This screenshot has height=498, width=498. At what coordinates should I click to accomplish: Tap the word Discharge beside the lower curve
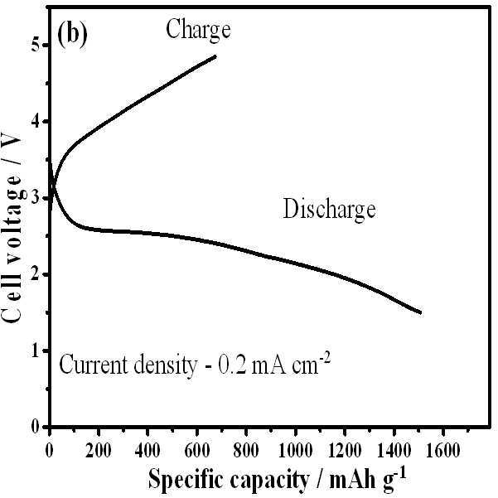pyautogui.click(x=329, y=210)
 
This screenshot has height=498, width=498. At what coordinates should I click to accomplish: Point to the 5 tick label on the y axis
pyautogui.click(x=37, y=45)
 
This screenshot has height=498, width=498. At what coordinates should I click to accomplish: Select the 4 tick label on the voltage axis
pyautogui.click(x=37, y=122)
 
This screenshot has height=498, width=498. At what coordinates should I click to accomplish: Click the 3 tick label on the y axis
pyautogui.click(x=37, y=198)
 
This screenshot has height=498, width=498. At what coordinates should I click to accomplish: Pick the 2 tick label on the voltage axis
pyautogui.click(x=37, y=274)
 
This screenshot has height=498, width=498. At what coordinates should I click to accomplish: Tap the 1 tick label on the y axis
pyautogui.click(x=37, y=351)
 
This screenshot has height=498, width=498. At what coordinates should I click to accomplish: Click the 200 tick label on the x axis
pyautogui.click(x=99, y=450)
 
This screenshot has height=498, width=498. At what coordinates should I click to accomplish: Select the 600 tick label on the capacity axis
pyautogui.click(x=197, y=450)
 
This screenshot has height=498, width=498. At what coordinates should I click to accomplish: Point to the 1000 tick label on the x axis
pyautogui.click(x=295, y=450)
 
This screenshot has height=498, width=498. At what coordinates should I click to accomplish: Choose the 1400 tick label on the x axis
pyautogui.click(x=394, y=450)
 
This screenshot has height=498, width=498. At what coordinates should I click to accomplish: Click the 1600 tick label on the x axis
pyautogui.click(x=443, y=450)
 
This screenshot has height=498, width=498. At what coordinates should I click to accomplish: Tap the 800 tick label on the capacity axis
pyautogui.click(x=246, y=450)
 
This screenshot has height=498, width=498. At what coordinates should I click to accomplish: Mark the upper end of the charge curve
pyautogui.click(x=215, y=56)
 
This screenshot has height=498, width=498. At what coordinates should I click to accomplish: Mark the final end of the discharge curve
pyautogui.click(x=420, y=312)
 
